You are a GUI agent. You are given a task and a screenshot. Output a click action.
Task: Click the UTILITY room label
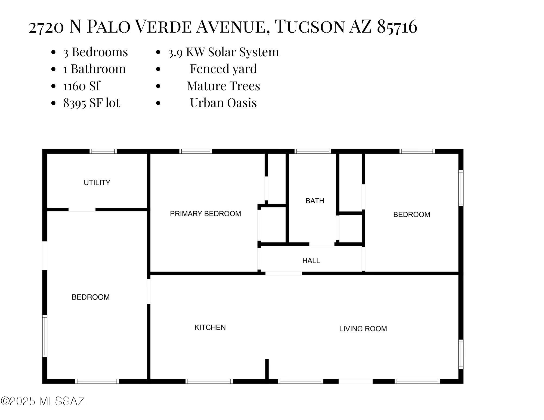97,183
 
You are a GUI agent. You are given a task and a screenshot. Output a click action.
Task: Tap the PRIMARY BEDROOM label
205,214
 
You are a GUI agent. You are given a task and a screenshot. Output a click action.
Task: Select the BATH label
315,201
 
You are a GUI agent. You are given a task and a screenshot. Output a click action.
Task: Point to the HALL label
311,261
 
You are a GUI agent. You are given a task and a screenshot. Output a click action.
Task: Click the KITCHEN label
210,327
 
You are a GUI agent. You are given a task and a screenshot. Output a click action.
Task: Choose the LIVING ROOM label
363,329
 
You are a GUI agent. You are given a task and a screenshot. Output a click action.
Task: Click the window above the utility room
103,151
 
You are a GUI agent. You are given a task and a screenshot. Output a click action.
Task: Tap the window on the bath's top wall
313,151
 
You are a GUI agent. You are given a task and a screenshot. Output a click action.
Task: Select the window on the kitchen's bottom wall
209,381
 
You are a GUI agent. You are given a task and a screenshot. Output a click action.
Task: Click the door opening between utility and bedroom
82,210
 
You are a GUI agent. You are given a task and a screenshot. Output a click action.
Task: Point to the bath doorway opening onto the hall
322,244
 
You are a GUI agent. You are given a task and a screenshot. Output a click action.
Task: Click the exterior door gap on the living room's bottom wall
356,381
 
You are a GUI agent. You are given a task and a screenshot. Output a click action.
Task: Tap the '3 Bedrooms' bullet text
95,52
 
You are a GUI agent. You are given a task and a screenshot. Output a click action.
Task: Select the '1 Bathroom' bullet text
94,69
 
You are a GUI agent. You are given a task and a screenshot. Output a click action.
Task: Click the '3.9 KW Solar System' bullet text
223,52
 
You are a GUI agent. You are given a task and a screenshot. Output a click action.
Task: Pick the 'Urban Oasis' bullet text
223,103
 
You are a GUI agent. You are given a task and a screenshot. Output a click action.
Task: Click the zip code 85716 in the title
397,27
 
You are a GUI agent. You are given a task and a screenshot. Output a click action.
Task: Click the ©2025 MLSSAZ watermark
43,401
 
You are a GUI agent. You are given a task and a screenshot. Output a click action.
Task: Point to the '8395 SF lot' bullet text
92,103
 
